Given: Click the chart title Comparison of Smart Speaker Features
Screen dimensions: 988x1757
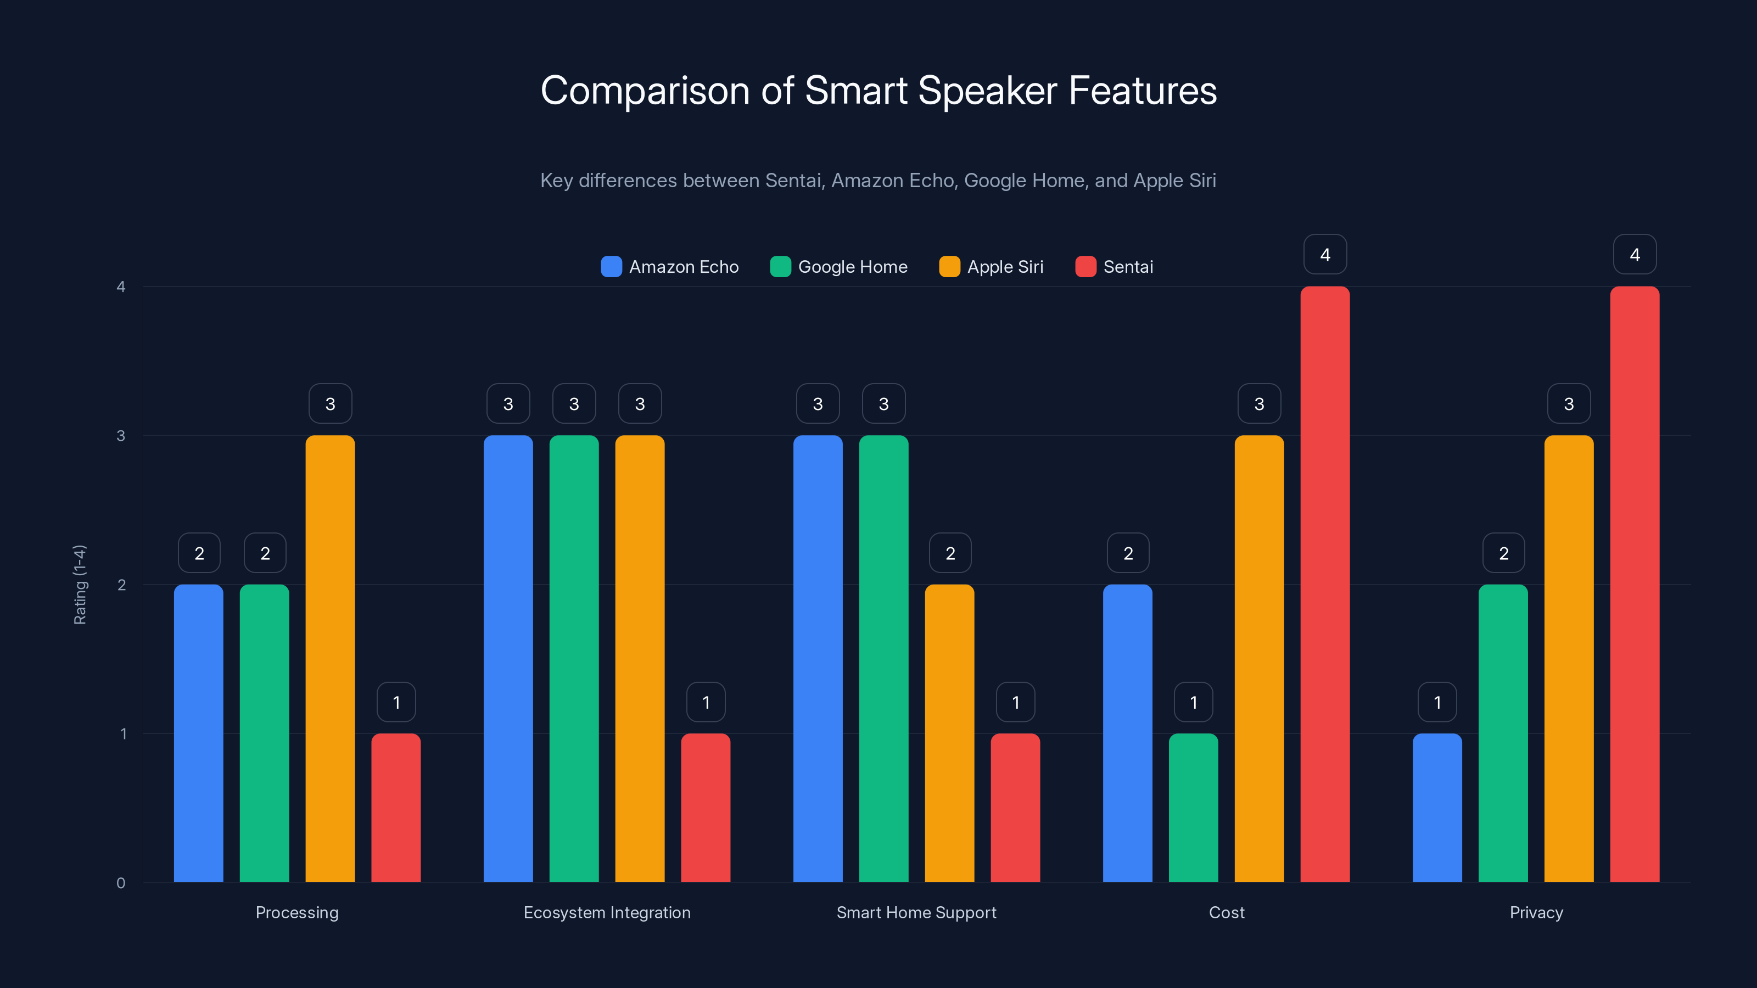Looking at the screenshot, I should point(878,91).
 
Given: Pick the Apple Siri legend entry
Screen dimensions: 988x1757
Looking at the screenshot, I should point(991,267).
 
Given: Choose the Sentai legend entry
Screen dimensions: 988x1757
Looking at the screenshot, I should point(1114,267).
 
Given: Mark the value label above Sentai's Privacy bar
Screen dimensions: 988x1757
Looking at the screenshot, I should point(1634,255).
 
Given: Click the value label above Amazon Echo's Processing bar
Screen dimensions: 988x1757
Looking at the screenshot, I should point(199,553).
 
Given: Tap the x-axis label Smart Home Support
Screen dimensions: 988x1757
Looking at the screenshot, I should point(916,912).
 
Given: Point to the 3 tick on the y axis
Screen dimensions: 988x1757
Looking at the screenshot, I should point(121,436).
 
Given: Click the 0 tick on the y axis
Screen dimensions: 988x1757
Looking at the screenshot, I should point(121,883).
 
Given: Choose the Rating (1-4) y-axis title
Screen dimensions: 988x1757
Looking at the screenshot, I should point(80,585).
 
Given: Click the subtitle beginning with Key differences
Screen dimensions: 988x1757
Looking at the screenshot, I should point(878,181).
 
